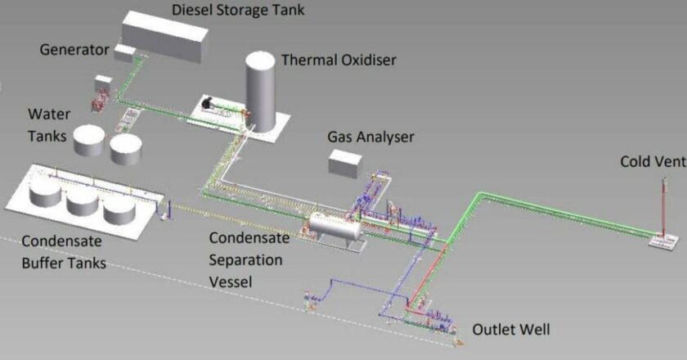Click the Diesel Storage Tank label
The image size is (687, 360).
tap(238, 10)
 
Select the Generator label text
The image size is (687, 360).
tap(74, 50)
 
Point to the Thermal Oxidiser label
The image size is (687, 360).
tap(339, 60)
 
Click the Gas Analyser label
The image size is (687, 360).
tap(370, 137)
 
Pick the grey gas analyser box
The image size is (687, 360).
tap(345, 164)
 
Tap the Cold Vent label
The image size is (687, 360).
tap(653, 161)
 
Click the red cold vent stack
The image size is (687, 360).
tap(664, 206)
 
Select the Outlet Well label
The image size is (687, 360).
tap(511, 329)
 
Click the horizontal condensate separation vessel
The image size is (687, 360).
tap(335, 226)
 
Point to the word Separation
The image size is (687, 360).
tap(245, 260)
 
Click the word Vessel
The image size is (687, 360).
tap(231, 281)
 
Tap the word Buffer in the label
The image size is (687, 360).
tap(42, 263)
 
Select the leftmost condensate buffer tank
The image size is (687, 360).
tap(45, 191)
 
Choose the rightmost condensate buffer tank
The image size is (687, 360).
tap(119, 209)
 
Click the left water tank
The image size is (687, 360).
tap(89, 141)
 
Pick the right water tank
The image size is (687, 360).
tap(126, 149)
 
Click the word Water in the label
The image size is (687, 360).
tap(49, 114)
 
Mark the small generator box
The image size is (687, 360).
tap(126, 52)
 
